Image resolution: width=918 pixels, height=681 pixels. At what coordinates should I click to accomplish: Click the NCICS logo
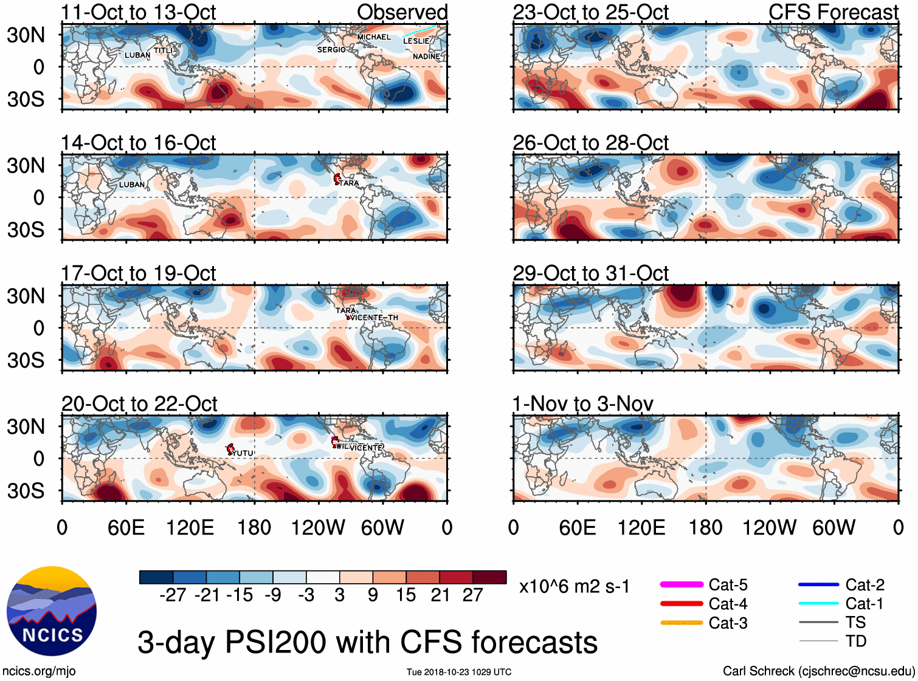click(52, 611)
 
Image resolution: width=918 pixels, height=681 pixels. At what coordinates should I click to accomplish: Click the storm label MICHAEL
click(374, 37)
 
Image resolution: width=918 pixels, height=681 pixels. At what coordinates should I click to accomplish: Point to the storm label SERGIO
click(331, 50)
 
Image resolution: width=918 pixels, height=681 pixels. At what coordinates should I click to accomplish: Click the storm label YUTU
click(243, 453)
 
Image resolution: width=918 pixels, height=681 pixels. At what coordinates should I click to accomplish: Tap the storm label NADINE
click(426, 56)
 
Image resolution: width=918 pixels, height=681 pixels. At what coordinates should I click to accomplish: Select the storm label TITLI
click(163, 50)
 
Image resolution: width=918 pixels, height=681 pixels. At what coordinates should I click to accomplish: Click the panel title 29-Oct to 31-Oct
click(590, 273)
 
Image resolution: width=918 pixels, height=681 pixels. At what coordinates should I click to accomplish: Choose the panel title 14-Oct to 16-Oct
click(139, 143)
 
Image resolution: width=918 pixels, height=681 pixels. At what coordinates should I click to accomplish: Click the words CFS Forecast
click(833, 12)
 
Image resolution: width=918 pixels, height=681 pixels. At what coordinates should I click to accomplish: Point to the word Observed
click(402, 12)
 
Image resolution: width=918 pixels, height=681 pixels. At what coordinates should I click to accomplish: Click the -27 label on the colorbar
click(173, 595)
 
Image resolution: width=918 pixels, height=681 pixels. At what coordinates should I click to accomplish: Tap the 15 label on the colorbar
click(406, 595)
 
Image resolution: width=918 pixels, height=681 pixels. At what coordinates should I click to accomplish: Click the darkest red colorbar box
click(489, 577)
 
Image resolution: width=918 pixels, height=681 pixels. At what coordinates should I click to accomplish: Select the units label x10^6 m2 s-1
click(574, 587)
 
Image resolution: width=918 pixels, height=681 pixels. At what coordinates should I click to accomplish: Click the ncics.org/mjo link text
click(39, 671)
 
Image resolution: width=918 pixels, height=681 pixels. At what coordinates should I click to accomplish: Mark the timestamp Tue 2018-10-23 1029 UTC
click(459, 672)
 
